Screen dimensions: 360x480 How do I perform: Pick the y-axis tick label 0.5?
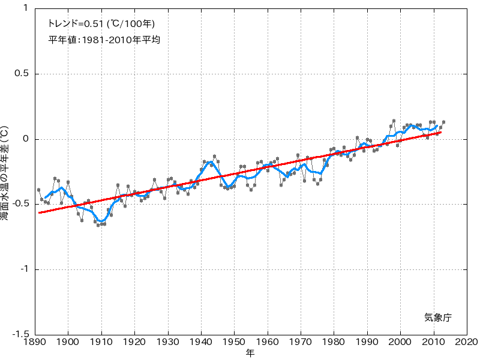click(x=21, y=74)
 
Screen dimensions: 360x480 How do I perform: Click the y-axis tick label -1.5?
click(x=20, y=335)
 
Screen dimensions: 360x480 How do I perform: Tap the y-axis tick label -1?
click(x=24, y=269)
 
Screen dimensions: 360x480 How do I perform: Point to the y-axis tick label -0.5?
click(x=20, y=205)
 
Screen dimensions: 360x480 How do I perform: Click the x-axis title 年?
click(x=250, y=353)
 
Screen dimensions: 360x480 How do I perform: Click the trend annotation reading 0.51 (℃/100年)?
click(x=101, y=25)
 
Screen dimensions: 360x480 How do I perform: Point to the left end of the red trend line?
click(x=39, y=212)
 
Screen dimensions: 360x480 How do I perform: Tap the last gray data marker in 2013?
click(x=443, y=122)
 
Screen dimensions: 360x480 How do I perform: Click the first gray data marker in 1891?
click(x=38, y=190)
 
